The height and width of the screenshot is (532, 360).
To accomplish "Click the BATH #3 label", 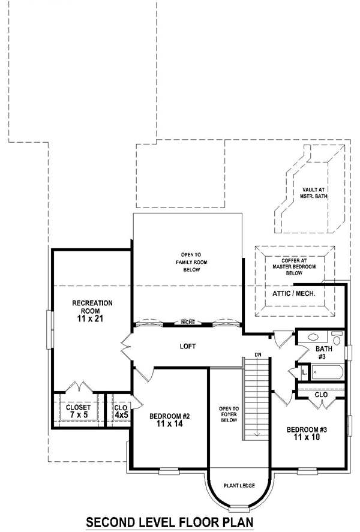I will coord(322,353).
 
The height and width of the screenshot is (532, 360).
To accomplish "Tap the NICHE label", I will coord(187,323).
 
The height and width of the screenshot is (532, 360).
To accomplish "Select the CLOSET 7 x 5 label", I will coord(78,411).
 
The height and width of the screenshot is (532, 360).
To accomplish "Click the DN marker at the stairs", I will coord(258,354).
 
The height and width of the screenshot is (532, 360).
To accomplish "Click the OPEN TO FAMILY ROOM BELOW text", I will coord(187,262).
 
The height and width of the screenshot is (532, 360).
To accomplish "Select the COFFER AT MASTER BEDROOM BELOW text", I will coord(294,266).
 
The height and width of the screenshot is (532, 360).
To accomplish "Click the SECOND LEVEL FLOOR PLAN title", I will coord(170,522).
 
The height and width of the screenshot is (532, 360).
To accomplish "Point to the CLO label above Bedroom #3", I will coord(321,395).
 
